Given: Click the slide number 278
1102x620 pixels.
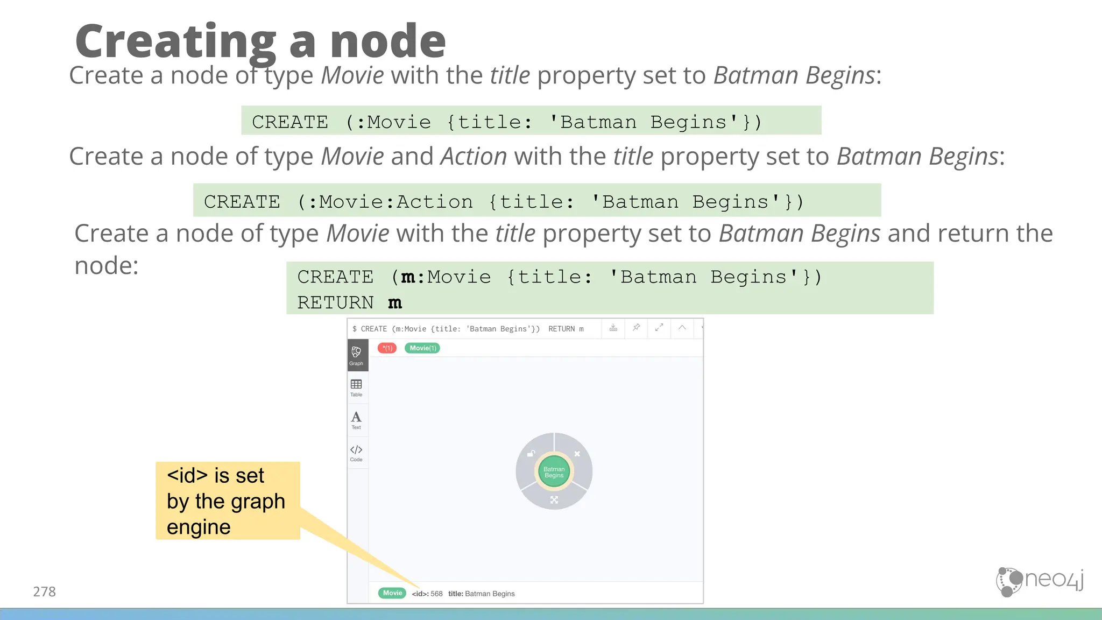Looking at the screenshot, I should pos(44,591).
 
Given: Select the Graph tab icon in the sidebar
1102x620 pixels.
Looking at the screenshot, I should pos(356,355).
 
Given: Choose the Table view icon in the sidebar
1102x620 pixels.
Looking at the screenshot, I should pos(356,387).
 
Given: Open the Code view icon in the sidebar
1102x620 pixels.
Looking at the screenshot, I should pos(356,452).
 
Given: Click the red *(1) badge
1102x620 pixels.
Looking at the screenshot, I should pos(387,348).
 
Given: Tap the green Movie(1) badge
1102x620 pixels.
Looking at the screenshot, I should pos(422,348).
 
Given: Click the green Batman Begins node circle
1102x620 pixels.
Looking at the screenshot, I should pos(554,472).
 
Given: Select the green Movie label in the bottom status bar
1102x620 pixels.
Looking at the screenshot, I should pos(392,593).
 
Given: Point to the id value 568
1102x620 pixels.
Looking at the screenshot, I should pos(436,594).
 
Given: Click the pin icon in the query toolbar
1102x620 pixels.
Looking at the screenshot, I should pos(636,328).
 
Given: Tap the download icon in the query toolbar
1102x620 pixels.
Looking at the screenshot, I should pos(613,328).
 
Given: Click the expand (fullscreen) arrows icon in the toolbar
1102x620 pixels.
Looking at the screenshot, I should pos(659,328).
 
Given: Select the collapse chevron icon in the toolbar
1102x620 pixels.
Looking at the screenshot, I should pos(682,328).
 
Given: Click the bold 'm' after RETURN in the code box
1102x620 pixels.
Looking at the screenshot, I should pos(395,303).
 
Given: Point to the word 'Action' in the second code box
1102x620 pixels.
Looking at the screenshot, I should pos(434,202).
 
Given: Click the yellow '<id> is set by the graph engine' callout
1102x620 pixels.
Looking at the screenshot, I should pos(228,501).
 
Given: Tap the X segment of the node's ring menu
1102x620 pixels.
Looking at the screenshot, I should pos(577,454).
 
